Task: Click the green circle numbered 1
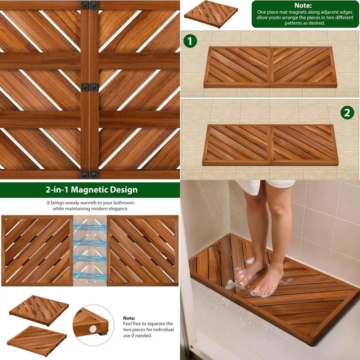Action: (190, 41)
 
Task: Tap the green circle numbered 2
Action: (347, 113)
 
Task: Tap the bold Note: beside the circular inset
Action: (129, 318)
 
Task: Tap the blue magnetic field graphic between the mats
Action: (90, 251)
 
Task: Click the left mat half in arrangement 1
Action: (237, 67)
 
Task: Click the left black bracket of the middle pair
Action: (84, 87)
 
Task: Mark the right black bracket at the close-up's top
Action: (94, 5)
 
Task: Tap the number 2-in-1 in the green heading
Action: (59, 190)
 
